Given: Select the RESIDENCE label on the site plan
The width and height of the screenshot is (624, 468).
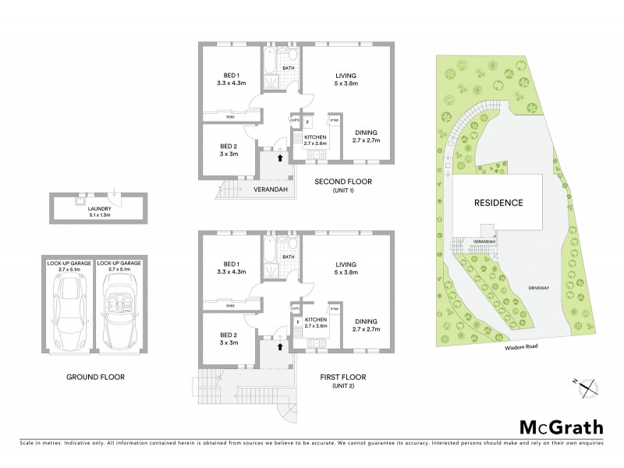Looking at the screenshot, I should point(498,202).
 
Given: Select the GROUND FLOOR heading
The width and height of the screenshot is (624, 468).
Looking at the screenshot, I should point(96,377).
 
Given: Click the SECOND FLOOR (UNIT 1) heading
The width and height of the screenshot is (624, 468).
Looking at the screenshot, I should point(343,186).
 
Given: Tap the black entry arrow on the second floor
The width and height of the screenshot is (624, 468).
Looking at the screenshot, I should point(279,158).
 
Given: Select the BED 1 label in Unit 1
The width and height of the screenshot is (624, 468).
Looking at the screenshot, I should point(232,78).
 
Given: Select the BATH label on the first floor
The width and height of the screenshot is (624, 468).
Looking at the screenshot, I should point(288,256).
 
